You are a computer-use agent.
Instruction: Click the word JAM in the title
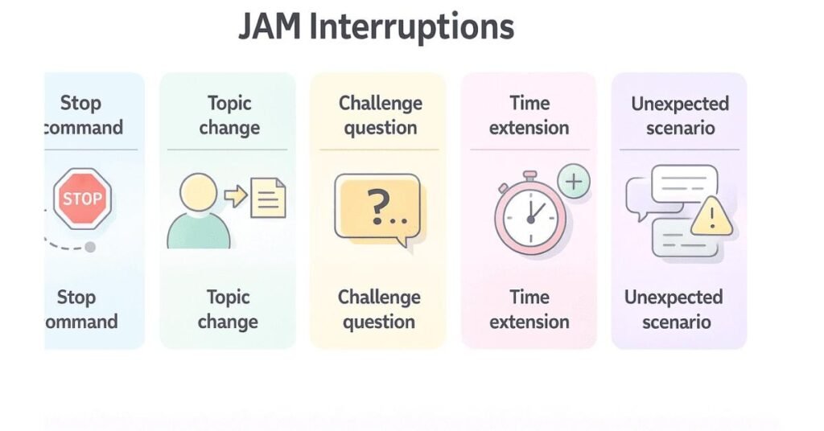pyautogui.click(x=270, y=27)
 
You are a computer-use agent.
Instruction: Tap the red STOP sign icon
pyautogui.click(x=82, y=198)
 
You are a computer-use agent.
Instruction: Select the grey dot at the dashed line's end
pyautogui.click(x=90, y=247)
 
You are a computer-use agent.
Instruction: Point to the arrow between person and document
pyautogui.click(x=235, y=196)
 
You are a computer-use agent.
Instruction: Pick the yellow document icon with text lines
pyautogui.click(x=268, y=198)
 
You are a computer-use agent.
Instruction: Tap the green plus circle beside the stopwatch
pyautogui.click(x=573, y=182)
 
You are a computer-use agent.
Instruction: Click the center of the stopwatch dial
pyautogui.click(x=530, y=218)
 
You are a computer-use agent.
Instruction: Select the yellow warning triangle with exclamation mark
pyautogui.click(x=711, y=217)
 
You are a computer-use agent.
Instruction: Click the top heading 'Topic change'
pyautogui.click(x=229, y=115)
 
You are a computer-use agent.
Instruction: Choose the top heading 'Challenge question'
pyautogui.click(x=380, y=115)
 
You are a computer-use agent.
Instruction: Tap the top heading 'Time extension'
pyautogui.click(x=529, y=115)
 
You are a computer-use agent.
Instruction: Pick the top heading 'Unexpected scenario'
pyautogui.click(x=680, y=115)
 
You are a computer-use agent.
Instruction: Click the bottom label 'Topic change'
pyautogui.click(x=228, y=310)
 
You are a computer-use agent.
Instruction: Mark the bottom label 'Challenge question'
pyautogui.click(x=379, y=310)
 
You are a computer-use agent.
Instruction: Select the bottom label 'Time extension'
pyautogui.click(x=529, y=310)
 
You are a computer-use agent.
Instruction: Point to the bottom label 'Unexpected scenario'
pyautogui.click(x=674, y=310)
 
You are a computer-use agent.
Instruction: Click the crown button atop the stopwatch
pyautogui.click(x=529, y=174)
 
